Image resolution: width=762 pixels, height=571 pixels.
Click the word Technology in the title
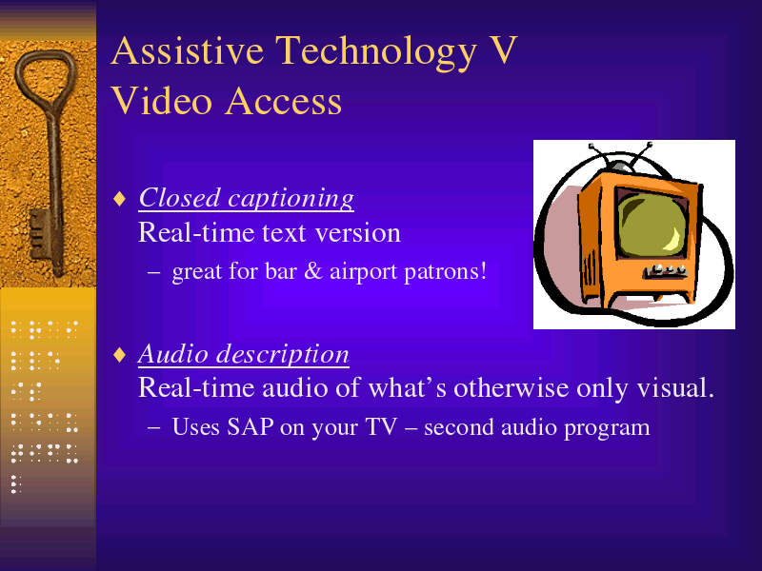click(376, 52)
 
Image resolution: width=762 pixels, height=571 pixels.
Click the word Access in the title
click(284, 101)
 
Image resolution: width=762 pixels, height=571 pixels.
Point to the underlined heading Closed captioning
click(247, 198)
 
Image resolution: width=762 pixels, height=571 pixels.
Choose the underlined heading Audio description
click(244, 354)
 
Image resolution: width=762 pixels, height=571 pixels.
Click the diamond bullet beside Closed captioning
click(120, 199)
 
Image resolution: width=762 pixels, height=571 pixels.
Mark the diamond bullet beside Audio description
click(120, 354)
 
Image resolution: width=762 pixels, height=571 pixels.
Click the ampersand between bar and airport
click(313, 271)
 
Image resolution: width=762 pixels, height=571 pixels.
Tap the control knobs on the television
click(667, 270)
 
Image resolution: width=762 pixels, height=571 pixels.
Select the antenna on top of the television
click(620, 155)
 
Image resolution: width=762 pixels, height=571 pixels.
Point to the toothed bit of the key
click(40, 234)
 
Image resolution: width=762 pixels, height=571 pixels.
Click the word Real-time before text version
click(197, 232)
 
